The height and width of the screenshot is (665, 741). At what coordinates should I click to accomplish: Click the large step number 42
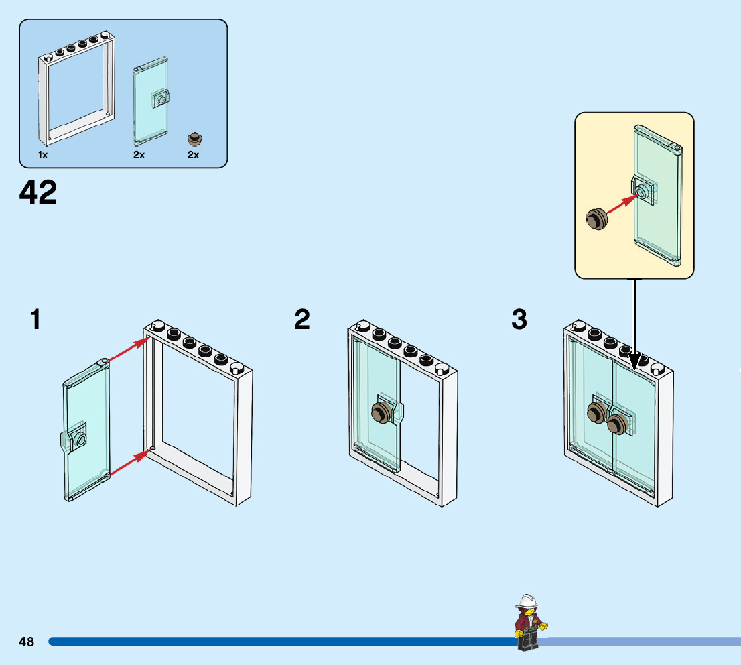coord(38,193)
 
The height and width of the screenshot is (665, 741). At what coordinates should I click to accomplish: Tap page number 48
coord(27,642)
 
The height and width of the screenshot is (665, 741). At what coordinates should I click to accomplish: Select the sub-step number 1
coord(36,320)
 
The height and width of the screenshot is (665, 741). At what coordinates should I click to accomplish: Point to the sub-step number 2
coord(302,320)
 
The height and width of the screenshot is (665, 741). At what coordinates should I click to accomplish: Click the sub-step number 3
coord(519,320)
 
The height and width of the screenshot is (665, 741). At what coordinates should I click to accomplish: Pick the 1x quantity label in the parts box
coord(43,155)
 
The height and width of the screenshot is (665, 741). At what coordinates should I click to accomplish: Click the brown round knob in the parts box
coord(194,139)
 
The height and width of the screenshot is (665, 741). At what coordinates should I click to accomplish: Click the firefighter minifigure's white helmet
coord(528,601)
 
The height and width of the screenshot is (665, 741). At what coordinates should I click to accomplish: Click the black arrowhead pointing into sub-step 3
coord(634,361)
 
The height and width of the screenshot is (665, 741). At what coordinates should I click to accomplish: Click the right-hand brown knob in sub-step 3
coord(617,424)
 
